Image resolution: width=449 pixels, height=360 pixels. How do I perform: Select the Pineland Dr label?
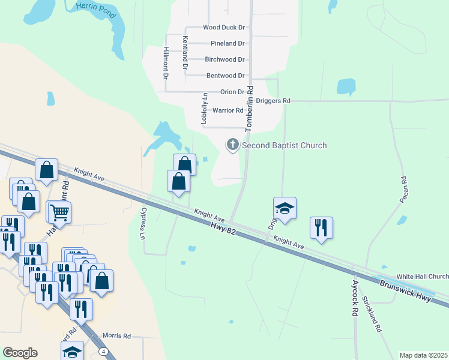[x=228, y=44]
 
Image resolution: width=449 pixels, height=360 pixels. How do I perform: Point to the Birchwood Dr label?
[x=224, y=59]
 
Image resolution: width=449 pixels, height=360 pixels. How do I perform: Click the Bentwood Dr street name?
[x=225, y=76]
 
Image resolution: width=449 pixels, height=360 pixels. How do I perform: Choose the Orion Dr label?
[x=232, y=92]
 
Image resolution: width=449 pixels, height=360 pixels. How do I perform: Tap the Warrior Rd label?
[x=228, y=110]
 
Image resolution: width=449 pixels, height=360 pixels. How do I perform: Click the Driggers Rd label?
[x=273, y=101]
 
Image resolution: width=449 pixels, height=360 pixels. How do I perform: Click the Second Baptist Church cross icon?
[x=232, y=145]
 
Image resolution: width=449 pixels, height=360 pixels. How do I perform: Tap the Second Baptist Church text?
[x=285, y=145]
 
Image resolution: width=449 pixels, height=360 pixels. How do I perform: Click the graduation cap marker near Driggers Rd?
[x=285, y=208]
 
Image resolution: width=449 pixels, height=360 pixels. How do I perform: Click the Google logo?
[x=20, y=353]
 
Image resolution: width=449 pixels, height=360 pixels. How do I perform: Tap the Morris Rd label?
[x=116, y=336]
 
